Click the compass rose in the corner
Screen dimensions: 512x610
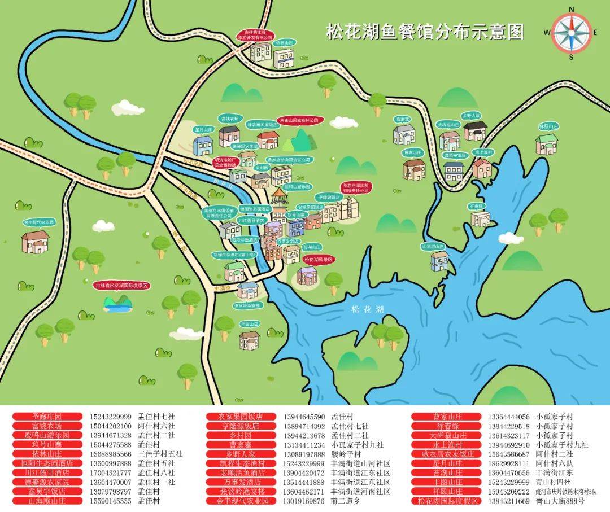(571, 32)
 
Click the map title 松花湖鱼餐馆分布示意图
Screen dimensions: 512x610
(425, 32)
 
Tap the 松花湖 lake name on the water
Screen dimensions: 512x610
(367, 309)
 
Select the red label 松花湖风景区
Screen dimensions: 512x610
(319, 259)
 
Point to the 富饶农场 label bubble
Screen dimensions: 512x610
(230, 119)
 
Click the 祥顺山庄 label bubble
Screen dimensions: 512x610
(548, 127)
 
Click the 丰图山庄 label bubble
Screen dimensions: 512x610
(249, 324)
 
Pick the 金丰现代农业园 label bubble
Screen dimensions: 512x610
(38, 222)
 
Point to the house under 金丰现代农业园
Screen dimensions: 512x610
(36, 242)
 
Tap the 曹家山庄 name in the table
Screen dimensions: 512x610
(447, 417)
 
